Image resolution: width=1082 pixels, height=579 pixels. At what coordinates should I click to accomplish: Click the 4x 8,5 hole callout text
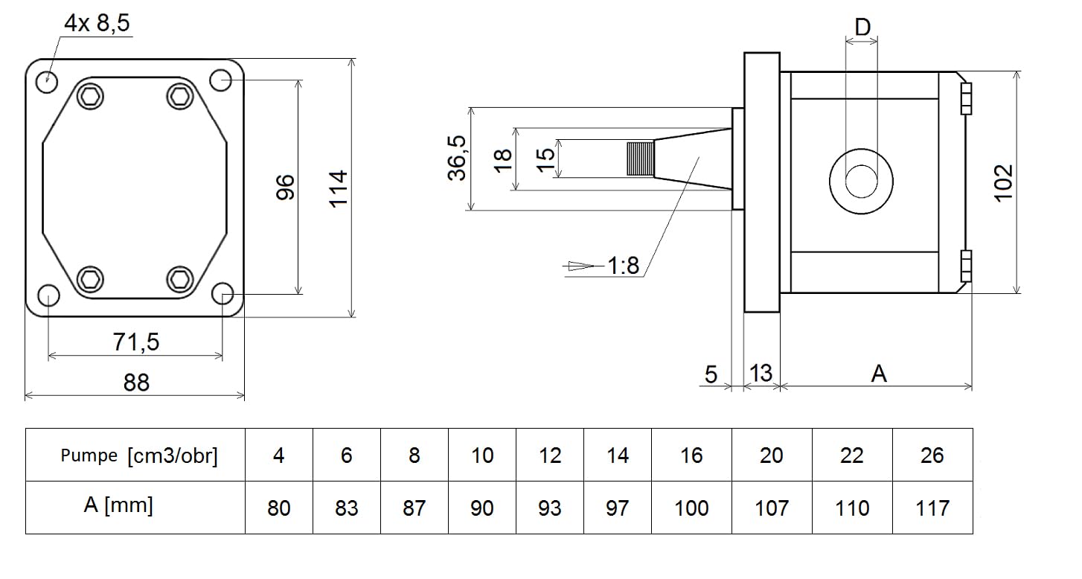[97, 22]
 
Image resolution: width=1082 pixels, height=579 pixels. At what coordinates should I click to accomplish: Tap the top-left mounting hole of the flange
[47, 83]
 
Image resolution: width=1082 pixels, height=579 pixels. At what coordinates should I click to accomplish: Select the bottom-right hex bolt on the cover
[180, 279]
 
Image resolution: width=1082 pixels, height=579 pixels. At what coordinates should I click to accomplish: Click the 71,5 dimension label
[135, 342]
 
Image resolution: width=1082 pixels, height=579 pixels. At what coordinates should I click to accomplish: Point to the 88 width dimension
[136, 383]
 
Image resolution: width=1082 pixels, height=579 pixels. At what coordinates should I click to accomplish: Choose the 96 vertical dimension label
[285, 188]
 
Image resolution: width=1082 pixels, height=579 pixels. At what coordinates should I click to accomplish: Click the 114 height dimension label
[338, 189]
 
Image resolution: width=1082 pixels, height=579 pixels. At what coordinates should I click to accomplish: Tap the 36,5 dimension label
[456, 158]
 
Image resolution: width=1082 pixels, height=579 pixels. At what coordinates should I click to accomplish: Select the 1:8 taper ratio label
[623, 265]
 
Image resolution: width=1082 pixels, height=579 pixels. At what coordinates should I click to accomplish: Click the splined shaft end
[641, 159]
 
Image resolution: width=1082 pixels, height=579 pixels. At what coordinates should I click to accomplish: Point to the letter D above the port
[862, 27]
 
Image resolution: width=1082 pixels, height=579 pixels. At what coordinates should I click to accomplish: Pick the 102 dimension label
[1003, 182]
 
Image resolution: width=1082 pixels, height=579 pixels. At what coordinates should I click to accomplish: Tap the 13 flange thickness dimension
[761, 373]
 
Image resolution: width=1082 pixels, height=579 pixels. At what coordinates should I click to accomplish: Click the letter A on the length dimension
[879, 374]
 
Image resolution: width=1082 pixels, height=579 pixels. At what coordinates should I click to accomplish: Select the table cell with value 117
[932, 508]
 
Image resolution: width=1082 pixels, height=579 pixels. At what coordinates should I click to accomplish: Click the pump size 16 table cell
[691, 455]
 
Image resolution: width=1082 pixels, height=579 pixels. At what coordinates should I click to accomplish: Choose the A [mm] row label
[118, 505]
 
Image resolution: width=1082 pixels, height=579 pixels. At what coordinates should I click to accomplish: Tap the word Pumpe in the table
[89, 455]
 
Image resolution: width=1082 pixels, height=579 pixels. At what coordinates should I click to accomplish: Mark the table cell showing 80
[279, 508]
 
